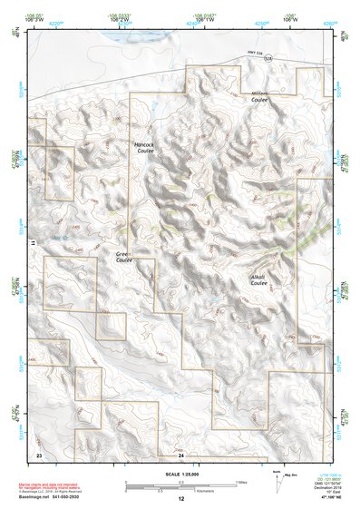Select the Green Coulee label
(x=123, y=258)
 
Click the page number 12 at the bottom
(x=180, y=499)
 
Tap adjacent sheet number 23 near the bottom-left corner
(x=39, y=454)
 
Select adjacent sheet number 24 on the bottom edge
(x=180, y=455)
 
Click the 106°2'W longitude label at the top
(x=118, y=16)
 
